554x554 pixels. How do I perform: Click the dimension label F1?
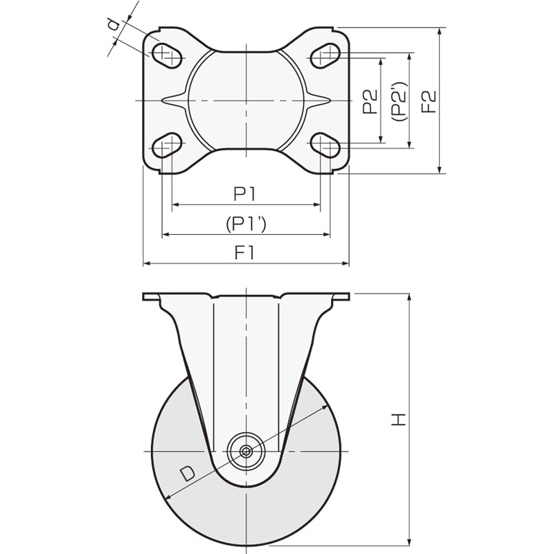[x=244, y=253]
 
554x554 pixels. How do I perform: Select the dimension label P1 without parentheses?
[x=244, y=194]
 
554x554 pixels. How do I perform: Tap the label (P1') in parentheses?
[x=246, y=223]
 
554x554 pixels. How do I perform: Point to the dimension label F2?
[x=429, y=102]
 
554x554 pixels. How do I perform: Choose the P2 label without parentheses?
[x=370, y=102]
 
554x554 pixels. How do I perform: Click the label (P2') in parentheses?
[x=400, y=102]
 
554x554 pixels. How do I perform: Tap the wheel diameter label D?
[x=188, y=474]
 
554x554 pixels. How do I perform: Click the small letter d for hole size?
[x=112, y=26]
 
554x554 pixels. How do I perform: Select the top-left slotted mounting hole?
[x=167, y=55]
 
